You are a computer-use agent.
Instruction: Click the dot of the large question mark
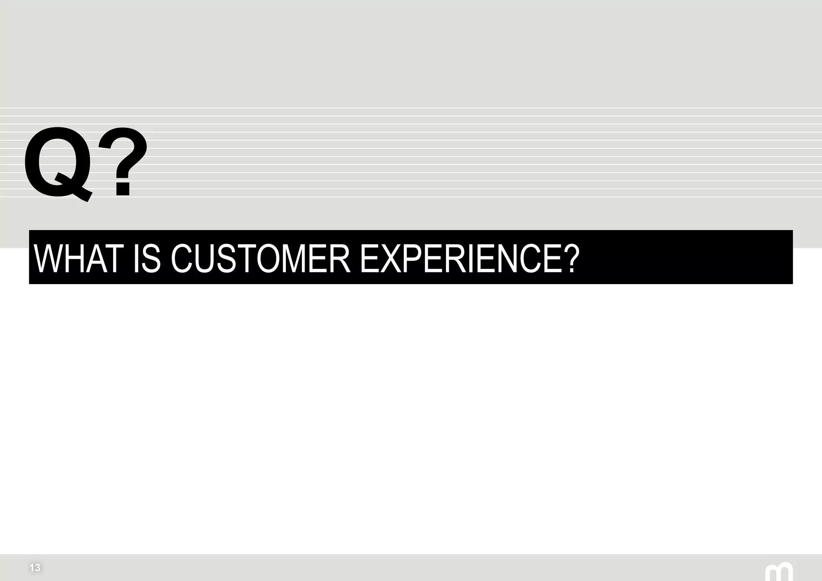(x=123, y=189)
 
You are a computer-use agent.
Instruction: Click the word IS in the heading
(x=147, y=258)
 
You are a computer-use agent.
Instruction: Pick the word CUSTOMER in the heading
(x=261, y=258)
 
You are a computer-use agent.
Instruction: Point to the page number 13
(x=35, y=568)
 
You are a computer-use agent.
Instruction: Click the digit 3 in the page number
(x=37, y=568)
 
